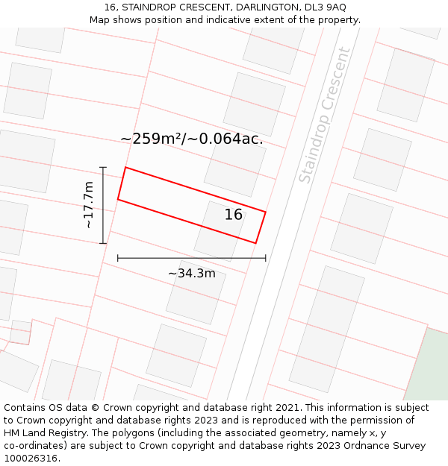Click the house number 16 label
click(234, 215)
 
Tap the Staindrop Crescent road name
click(324, 115)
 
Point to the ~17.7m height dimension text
click(88, 204)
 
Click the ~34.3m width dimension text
click(191, 274)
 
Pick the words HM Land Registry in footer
click(39, 433)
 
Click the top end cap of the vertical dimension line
click(103, 167)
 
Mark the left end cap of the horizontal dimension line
click(118, 258)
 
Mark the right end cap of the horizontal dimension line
click(265, 258)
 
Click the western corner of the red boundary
click(118, 199)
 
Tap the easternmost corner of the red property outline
click(265, 212)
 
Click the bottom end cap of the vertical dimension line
click(103, 243)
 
